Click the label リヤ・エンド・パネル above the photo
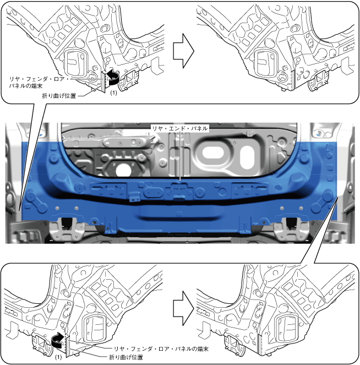coord(181,128)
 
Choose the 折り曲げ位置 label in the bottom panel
coord(127,358)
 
